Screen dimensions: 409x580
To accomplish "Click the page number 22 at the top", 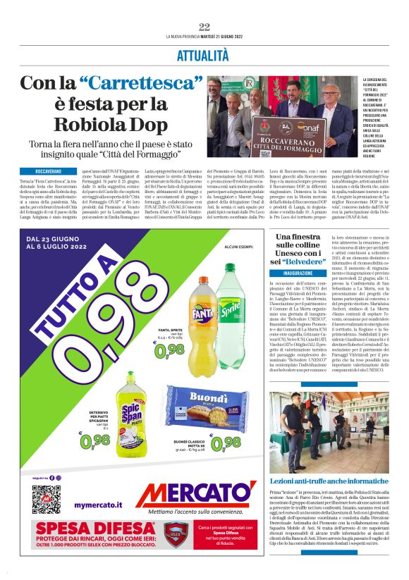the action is click(204, 27).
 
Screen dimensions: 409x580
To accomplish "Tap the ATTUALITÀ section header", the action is click(204, 54).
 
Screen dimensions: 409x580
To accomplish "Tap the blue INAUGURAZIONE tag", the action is click(299, 272).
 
